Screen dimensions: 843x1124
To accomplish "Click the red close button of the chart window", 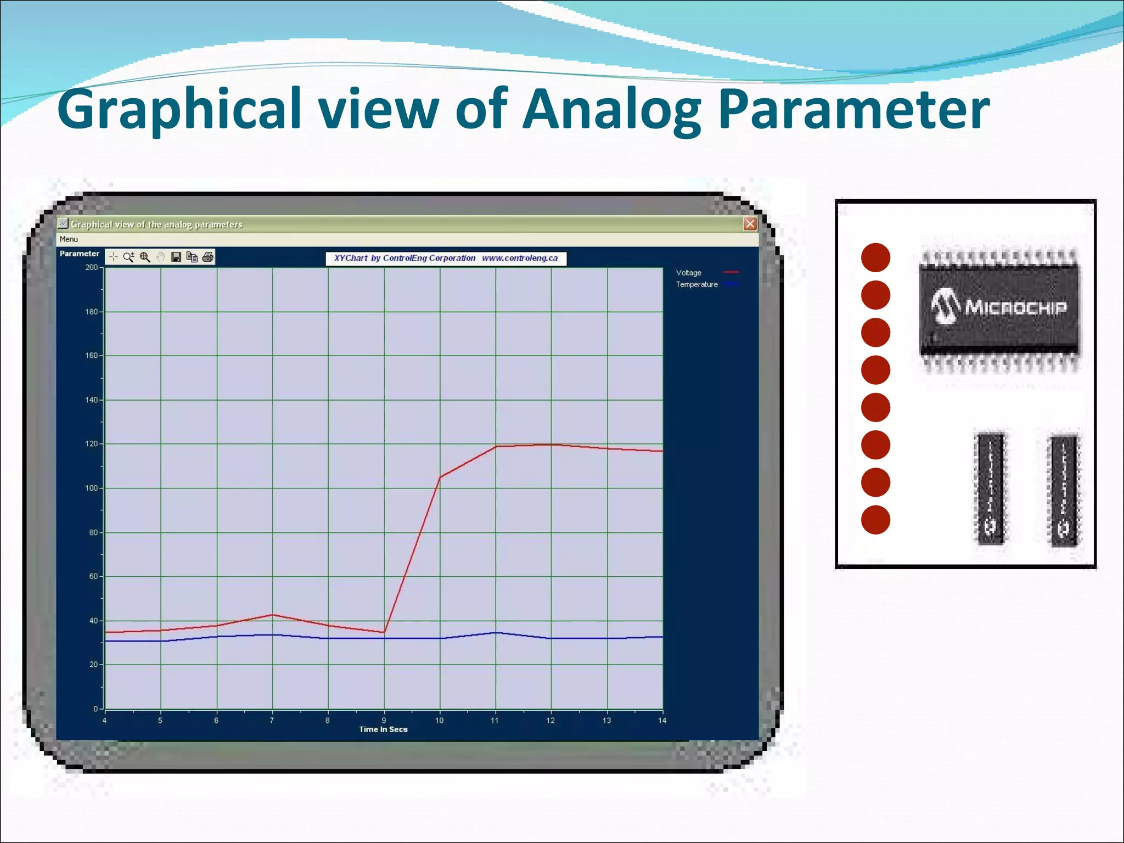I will point(750,224).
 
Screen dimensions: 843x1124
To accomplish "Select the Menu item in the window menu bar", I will point(69,239).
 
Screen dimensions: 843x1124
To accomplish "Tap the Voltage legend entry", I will point(689,273).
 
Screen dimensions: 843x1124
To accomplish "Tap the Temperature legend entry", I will point(697,284).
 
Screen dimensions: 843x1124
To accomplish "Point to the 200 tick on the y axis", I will point(92,268).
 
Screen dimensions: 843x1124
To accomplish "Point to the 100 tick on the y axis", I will point(92,488).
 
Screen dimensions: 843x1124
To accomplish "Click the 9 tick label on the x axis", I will point(384,720).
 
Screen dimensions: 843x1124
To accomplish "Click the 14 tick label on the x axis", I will point(662,720).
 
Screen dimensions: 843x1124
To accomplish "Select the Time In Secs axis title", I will point(383,729).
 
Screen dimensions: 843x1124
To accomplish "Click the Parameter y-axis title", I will point(80,254).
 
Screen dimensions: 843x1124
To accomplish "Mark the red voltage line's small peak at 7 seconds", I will point(273,615).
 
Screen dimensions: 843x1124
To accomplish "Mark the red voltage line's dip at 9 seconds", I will point(384,632).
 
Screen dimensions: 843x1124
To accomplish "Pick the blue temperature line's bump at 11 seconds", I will point(496,633).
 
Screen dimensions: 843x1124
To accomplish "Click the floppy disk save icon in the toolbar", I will point(176,257).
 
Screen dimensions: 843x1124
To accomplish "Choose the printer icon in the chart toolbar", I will point(207,257).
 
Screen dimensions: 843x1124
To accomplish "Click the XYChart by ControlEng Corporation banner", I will point(446,258).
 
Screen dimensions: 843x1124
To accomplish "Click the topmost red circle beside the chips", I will point(875,257).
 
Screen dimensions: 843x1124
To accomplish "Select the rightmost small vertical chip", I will point(1064,490).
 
